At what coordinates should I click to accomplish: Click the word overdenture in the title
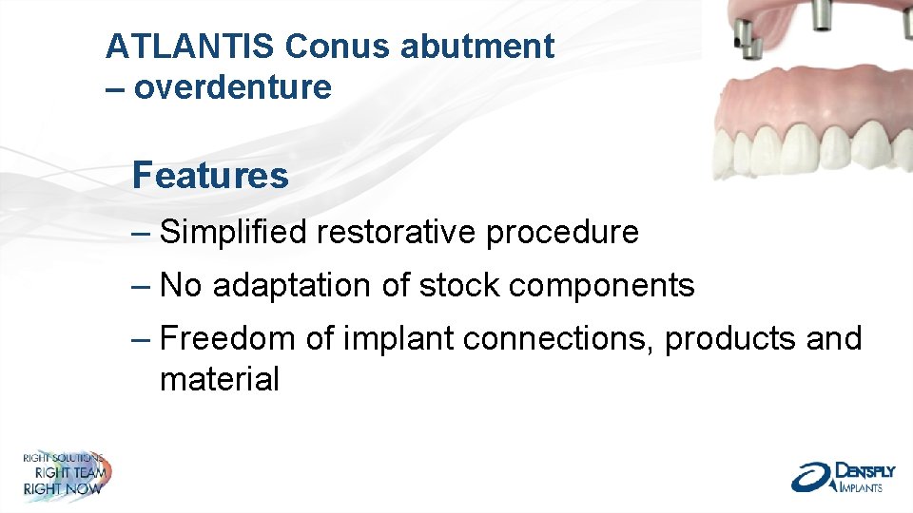coord(233,87)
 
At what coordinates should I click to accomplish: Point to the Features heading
coord(210,176)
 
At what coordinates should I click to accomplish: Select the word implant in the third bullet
coord(381,338)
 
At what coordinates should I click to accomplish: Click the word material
coord(220,380)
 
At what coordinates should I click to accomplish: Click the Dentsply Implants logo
coord(837,477)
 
